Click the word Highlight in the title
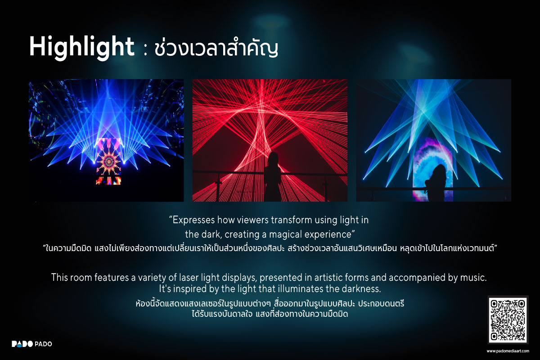click(81, 46)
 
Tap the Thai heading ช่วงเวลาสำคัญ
click(216, 48)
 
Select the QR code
click(508, 320)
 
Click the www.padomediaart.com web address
click(508, 351)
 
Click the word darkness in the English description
click(358, 288)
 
